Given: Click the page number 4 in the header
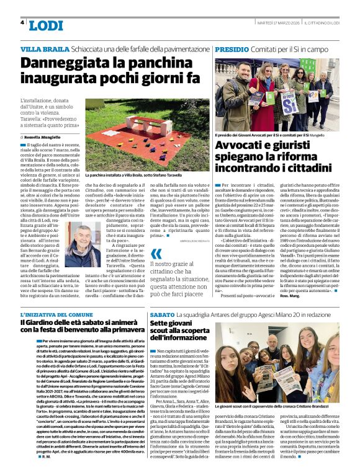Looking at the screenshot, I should pos(22,22).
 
